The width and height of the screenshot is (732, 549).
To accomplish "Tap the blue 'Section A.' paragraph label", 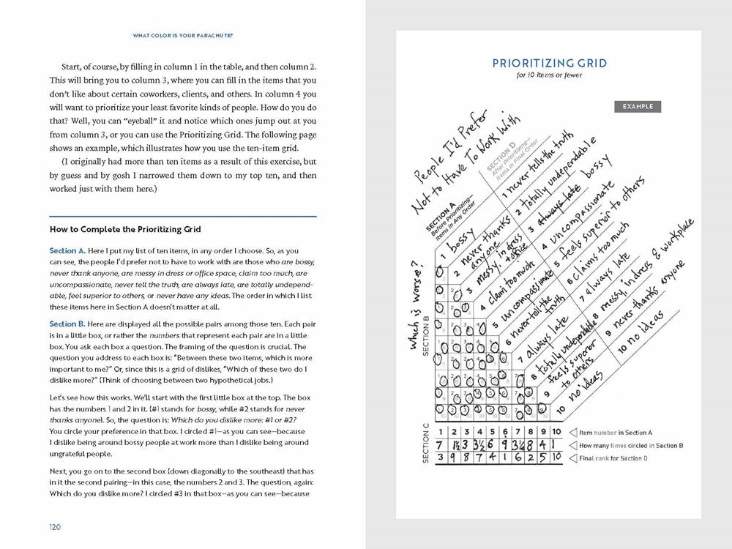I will [x=67, y=250].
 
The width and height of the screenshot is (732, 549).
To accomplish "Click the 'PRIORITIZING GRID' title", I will [x=549, y=64].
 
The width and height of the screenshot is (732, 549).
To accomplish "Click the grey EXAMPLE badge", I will [x=637, y=107].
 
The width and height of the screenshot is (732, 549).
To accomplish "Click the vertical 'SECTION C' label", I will [x=425, y=445].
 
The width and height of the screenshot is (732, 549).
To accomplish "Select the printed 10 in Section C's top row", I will [x=556, y=433].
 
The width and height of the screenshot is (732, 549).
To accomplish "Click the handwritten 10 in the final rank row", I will [x=556, y=458].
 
